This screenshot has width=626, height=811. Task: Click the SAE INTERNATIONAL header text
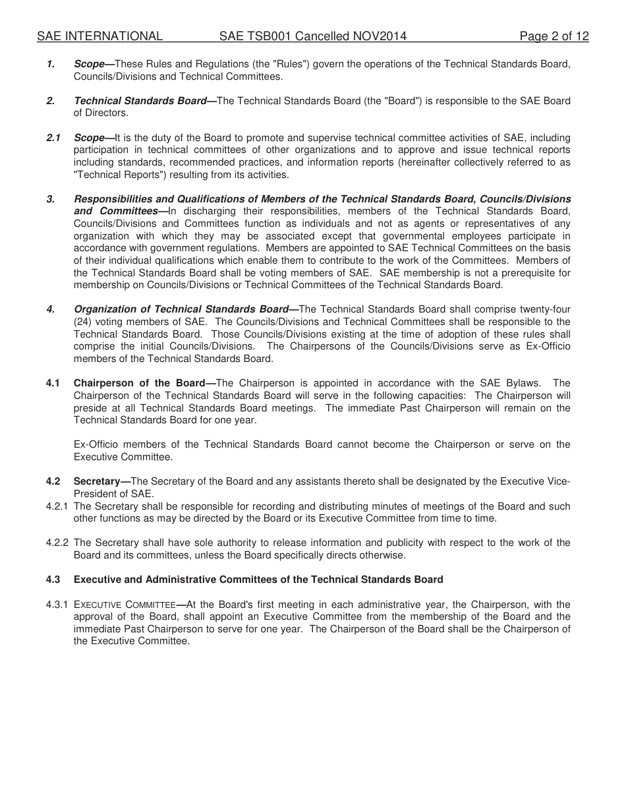(x=100, y=36)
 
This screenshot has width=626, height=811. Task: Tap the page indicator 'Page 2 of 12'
(x=554, y=36)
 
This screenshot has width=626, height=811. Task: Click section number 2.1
(x=53, y=138)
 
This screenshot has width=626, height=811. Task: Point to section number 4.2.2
(x=57, y=543)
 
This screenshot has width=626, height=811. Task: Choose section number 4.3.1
(x=57, y=605)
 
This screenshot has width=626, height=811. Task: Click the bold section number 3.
(x=50, y=199)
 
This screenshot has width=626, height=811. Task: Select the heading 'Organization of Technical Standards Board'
(x=181, y=309)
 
